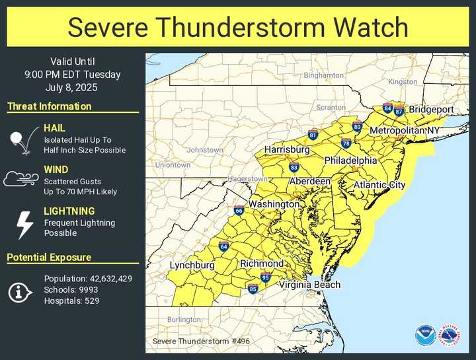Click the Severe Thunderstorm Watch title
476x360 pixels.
tap(238, 28)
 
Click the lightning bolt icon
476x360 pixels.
tap(24, 225)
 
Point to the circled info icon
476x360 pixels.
tap(20, 291)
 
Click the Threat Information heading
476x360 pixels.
tap(50, 106)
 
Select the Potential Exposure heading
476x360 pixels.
tap(50, 258)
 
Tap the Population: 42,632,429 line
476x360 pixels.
tap(88, 279)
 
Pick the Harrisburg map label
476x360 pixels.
tap(287, 150)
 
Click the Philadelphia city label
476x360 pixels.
tap(350, 161)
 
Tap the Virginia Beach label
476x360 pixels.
tap(309, 285)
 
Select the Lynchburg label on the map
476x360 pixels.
tap(192, 266)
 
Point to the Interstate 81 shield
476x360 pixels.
tap(313, 135)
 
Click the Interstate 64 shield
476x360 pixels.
tap(224, 247)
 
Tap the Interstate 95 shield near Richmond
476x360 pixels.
tap(265, 277)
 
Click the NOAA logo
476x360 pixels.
tap(425, 335)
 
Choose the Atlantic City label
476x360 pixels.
tap(379, 186)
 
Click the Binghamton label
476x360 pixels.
tap(323, 75)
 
